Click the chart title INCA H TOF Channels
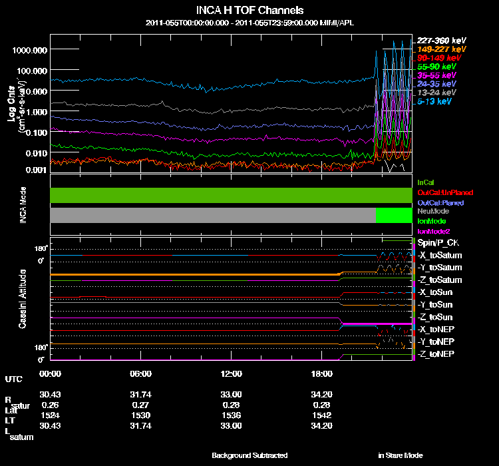[249, 11]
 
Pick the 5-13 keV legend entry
[436, 102]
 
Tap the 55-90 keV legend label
[436, 67]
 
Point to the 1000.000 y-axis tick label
[29, 50]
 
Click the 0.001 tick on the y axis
[35, 170]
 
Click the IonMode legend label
[432, 221]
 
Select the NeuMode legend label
[433, 211]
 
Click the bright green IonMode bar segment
[395, 216]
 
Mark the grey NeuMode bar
[213, 216]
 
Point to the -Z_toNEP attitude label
[436, 353]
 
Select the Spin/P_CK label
[438, 244]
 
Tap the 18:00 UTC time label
[321, 374]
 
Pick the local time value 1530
[141, 415]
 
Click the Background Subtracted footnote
[249, 455]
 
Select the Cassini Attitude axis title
[23, 298]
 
